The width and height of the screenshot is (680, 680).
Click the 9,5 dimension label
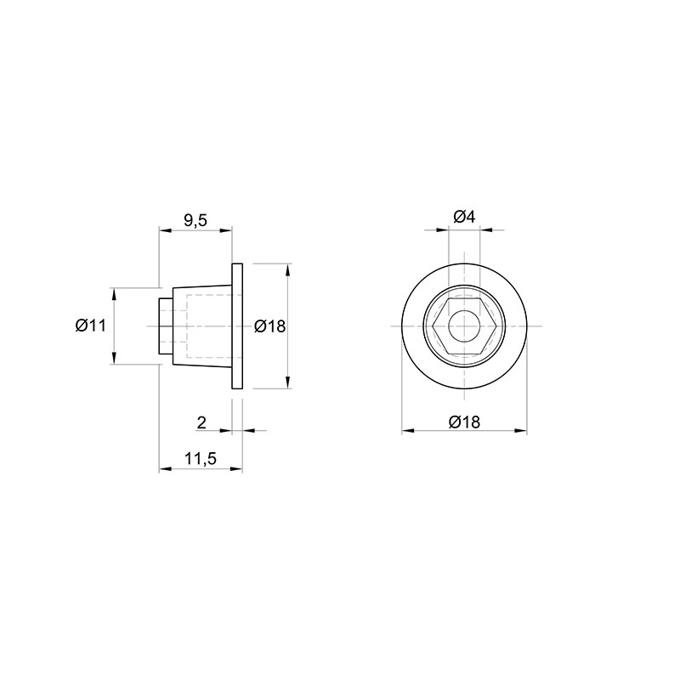click(x=195, y=221)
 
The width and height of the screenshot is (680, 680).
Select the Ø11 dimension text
click(x=90, y=326)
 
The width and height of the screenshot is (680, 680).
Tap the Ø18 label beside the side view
click(x=269, y=326)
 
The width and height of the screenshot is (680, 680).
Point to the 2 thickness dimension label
click(x=201, y=422)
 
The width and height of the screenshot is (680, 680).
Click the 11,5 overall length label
click(x=201, y=458)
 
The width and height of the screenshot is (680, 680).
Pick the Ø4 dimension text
click(x=464, y=217)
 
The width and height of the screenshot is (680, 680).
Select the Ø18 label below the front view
click(x=464, y=422)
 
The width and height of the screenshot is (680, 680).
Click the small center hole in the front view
click(x=464, y=326)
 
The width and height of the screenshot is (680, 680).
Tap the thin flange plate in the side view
click(x=237, y=326)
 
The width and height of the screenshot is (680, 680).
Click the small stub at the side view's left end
click(x=166, y=326)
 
